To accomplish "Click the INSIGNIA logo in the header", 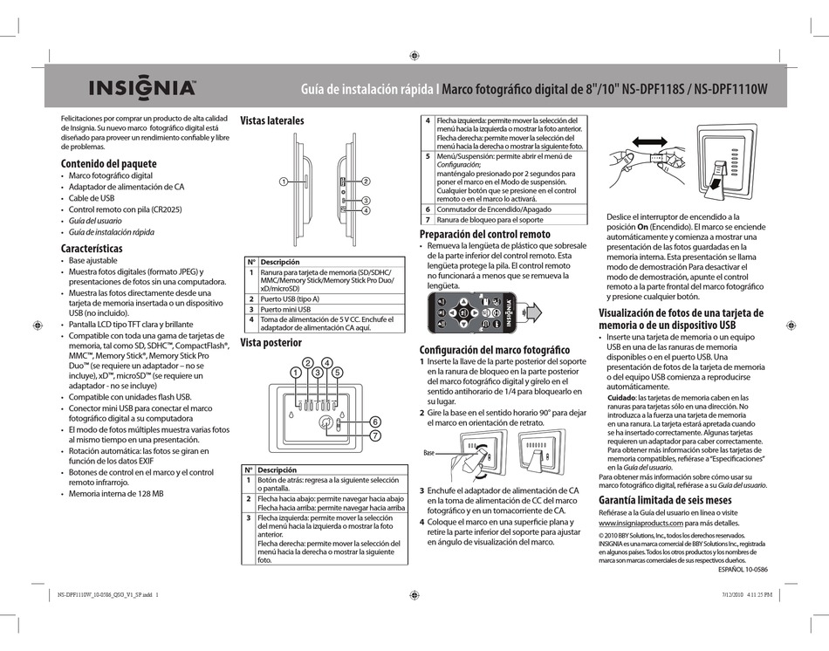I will click(140, 88).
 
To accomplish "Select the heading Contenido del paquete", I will click(108, 163).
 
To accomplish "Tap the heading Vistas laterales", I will click(271, 120).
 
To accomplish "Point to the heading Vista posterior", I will click(271, 343).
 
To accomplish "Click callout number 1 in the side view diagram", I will click(284, 182).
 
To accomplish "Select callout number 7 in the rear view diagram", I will click(375, 435).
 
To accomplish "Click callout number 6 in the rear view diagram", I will click(375, 421).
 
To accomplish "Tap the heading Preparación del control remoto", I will click(484, 234).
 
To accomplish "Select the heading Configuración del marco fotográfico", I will click(494, 349).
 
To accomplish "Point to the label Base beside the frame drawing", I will click(428, 454).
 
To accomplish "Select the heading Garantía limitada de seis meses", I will click(664, 500).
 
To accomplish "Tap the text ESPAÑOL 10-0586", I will click(742, 568).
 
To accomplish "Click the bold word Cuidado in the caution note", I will click(620, 397).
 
